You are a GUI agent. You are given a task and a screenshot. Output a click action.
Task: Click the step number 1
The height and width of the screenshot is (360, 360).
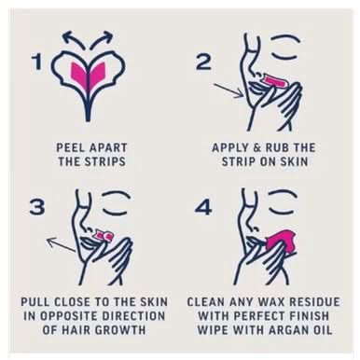pos(38,62)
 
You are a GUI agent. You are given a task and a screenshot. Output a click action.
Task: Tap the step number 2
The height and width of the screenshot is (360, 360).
pos(204,62)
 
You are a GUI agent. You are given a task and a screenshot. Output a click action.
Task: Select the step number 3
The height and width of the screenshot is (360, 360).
pos(37,206)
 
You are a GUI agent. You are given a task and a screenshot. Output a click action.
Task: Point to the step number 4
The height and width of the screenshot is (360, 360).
pos(203,207)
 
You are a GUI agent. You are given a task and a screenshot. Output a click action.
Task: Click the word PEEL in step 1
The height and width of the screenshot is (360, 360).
pos(67,147)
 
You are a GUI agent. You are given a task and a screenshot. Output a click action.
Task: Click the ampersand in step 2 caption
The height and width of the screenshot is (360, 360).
pos(257,147)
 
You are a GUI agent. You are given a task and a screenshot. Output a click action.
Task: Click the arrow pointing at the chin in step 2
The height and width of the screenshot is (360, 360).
pos(228,90)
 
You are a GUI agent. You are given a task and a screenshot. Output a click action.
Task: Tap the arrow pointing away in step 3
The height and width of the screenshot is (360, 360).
pos(62,244)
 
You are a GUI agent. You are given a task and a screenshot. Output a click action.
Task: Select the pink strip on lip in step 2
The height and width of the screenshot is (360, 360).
pos(275,80)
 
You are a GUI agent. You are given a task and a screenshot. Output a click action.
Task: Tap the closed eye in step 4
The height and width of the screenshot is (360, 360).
pos(284,202)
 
